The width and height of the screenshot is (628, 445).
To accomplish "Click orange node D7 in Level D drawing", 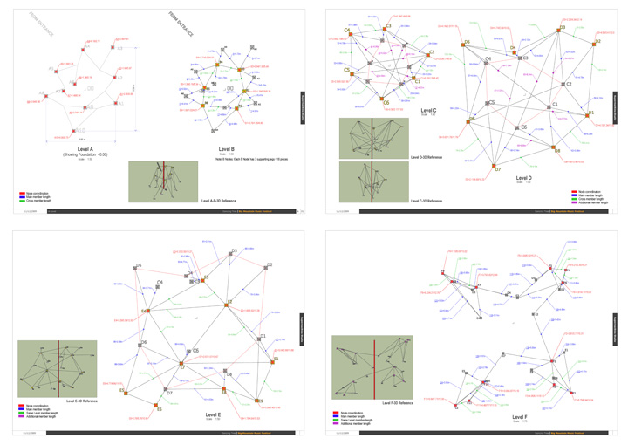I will pos(494,166).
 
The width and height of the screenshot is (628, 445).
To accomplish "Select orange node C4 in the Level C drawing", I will pos(348,34).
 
